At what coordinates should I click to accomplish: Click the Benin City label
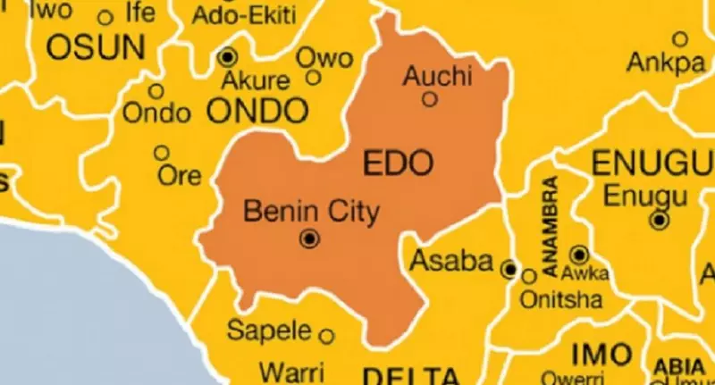311,213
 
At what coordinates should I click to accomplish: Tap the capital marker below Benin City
310,239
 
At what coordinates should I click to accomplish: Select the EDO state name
398,163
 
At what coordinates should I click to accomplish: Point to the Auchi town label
436,76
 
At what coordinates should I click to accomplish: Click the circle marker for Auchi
430,99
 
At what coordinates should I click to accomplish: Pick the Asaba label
452,262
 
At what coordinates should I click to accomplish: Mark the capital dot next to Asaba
509,268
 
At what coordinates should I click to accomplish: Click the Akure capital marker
227,58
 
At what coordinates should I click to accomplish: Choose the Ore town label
180,176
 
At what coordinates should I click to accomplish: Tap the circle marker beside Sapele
327,337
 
